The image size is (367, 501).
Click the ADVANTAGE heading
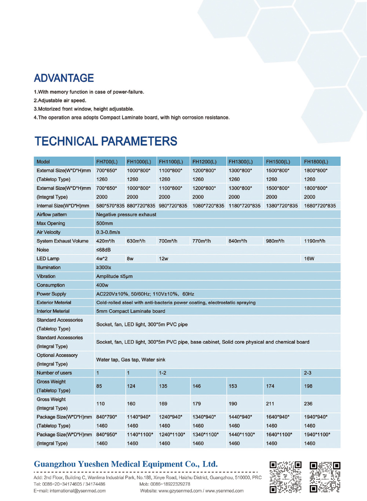pyautogui.click(x=64, y=78)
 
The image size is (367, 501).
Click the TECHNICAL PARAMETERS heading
pyautogui.click(x=106, y=141)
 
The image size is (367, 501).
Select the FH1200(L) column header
pyautogui.click(x=204, y=162)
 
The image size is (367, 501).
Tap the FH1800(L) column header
pyautogui.click(x=316, y=162)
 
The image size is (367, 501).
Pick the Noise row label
pyautogui.click(x=43, y=250)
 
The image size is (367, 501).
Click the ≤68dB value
pyautogui.click(x=103, y=250)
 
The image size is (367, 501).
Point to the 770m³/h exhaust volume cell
pyautogui.click(x=201, y=241)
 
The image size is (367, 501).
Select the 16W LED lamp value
pyautogui.click(x=309, y=259)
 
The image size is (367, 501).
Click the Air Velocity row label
pyautogui.click(x=48, y=232)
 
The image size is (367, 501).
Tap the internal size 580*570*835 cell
pyautogui.click(x=110, y=206)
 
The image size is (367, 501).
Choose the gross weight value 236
pyautogui.click(x=308, y=403)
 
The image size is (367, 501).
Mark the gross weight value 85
pyautogui.click(x=99, y=386)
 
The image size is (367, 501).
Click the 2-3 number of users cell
pyautogui.click(x=308, y=373)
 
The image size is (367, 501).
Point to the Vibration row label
pyautogui.click(x=46, y=276)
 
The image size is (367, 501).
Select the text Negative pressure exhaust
pyautogui.click(x=126, y=215)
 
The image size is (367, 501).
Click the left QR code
pyautogui.click(x=286, y=477)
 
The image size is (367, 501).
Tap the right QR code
pyautogui.click(x=325, y=477)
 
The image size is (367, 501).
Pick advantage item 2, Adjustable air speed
pyautogui.click(x=60, y=100)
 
